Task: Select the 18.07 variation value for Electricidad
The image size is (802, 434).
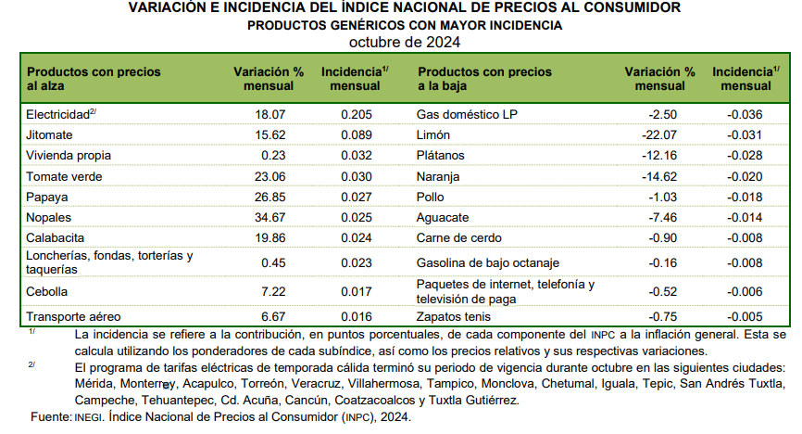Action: pyautogui.click(x=270, y=115)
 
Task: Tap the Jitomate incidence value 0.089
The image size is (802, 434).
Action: pyautogui.click(x=357, y=135)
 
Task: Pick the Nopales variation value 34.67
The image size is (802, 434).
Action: pyautogui.click(x=270, y=218)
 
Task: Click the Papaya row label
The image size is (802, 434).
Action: pyautogui.click(x=47, y=198)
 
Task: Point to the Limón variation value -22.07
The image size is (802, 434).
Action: pyautogui.click(x=659, y=135)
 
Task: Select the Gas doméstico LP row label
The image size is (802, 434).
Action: pyautogui.click(x=467, y=115)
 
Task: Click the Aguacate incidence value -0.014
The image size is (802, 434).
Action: pyautogui.click(x=745, y=218)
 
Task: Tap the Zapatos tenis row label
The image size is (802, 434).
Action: pyautogui.click(x=453, y=317)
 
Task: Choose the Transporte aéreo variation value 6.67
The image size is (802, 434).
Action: pyautogui.click(x=273, y=317)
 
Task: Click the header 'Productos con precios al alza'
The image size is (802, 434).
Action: pyautogui.click(x=94, y=79)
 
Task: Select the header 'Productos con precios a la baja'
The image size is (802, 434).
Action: pyautogui.click(x=484, y=79)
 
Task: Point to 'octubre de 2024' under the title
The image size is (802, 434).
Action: pyautogui.click(x=405, y=42)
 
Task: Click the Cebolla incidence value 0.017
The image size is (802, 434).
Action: pyautogui.click(x=357, y=292)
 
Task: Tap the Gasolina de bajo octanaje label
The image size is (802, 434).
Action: pyautogui.click(x=487, y=263)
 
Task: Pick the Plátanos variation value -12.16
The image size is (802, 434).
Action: pyautogui.click(x=659, y=156)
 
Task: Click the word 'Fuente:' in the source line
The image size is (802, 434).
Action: pyautogui.click(x=51, y=417)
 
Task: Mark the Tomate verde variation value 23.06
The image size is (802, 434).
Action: pyautogui.click(x=270, y=177)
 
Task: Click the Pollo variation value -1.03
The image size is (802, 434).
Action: pyautogui.click(x=662, y=198)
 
